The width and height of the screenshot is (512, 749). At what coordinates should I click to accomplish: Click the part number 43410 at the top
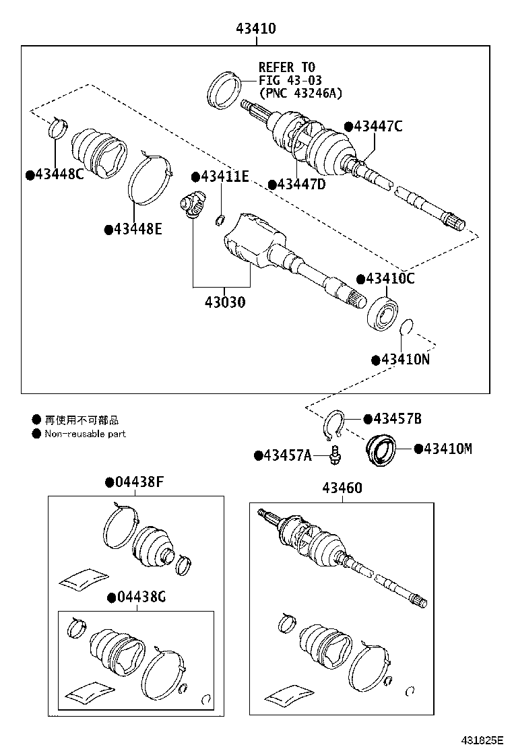[x=255, y=29]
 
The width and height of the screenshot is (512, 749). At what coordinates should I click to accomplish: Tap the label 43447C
[x=378, y=126]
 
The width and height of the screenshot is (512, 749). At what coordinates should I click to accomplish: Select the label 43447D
[x=300, y=185]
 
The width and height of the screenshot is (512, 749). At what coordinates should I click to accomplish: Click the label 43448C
[x=59, y=175]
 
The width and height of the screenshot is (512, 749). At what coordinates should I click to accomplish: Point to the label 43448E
[x=137, y=229]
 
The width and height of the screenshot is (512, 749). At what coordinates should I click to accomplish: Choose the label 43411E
[x=224, y=176]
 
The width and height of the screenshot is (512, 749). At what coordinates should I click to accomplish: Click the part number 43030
[x=221, y=302]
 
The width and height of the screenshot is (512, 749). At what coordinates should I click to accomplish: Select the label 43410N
[x=405, y=360]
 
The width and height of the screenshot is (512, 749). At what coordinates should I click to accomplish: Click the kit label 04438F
[x=139, y=482]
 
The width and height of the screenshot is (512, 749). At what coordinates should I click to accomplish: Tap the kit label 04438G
[x=140, y=597]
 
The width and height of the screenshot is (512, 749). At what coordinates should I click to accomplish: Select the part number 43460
[x=342, y=488]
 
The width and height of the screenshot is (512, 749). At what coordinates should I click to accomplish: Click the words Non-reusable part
[x=85, y=434]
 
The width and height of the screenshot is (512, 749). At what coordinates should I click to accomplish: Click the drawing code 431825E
[x=482, y=740]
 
